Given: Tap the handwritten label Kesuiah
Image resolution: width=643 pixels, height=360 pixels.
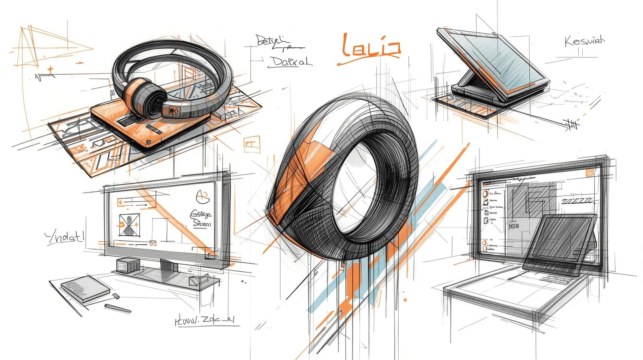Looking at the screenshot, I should tap(585, 41).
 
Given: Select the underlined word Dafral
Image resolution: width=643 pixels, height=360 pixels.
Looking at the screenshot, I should tap(289, 62).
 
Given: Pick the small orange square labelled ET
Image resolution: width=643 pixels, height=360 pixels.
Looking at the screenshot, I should tap(252, 144).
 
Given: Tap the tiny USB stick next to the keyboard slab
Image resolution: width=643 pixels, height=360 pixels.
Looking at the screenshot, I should tap(116, 296).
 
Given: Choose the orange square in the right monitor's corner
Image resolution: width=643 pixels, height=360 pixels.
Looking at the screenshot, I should tap(590, 172).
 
